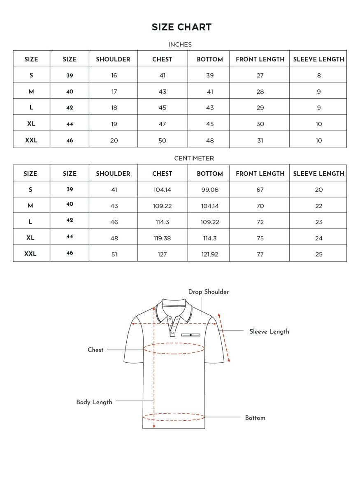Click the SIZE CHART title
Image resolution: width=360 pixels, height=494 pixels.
181,27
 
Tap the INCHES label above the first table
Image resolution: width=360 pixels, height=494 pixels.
180,44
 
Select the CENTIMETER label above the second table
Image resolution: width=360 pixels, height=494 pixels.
194,158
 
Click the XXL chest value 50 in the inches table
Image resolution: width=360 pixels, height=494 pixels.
163,140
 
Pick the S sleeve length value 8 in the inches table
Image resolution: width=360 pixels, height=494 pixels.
319,75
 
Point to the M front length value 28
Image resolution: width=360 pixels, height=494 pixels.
260,91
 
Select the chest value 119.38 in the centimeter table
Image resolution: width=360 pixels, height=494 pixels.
163,238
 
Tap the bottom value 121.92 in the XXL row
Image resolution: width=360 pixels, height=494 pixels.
210,254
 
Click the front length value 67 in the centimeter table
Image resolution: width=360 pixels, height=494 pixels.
260,190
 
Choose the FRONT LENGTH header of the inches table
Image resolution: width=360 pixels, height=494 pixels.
260,59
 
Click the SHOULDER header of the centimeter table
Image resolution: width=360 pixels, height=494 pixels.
113,174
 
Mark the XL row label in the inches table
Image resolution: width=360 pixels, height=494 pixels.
31,124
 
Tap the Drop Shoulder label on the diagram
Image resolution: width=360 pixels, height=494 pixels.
209,292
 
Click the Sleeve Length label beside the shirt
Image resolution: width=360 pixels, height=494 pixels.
269,331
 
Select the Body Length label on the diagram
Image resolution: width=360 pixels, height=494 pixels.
94,402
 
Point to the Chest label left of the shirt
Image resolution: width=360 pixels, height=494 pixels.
95,350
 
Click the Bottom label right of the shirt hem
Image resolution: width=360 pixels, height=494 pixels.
255,418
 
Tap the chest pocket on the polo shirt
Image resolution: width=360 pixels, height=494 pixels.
193,335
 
